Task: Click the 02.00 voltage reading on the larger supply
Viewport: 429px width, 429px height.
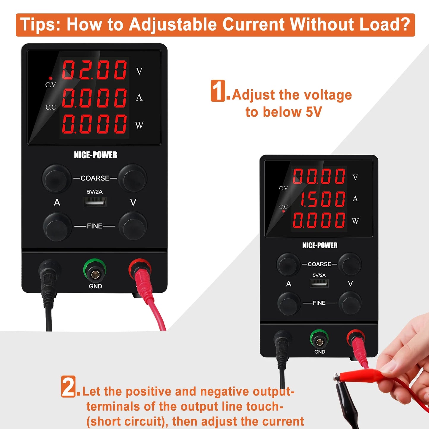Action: (94, 70)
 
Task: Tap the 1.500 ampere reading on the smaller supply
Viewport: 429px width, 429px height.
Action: (319, 199)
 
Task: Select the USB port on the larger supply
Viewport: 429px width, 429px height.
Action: (95, 202)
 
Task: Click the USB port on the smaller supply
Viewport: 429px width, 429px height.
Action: (319, 283)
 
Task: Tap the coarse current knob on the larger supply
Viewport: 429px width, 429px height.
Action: (57, 178)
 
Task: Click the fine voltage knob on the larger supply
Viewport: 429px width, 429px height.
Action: (133, 226)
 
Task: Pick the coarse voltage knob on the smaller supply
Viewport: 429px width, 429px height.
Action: (350, 264)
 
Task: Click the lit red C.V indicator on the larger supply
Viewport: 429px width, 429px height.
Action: (50, 78)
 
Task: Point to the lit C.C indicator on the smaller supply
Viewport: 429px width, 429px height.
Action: (284, 211)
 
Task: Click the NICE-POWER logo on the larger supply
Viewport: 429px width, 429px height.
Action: (96, 155)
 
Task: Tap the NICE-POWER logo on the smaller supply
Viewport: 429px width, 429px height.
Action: (320, 245)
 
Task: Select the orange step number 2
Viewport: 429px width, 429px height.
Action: (69, 386)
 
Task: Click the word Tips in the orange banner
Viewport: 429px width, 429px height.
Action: (40, 24)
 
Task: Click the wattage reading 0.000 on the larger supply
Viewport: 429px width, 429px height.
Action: (94, 124)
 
